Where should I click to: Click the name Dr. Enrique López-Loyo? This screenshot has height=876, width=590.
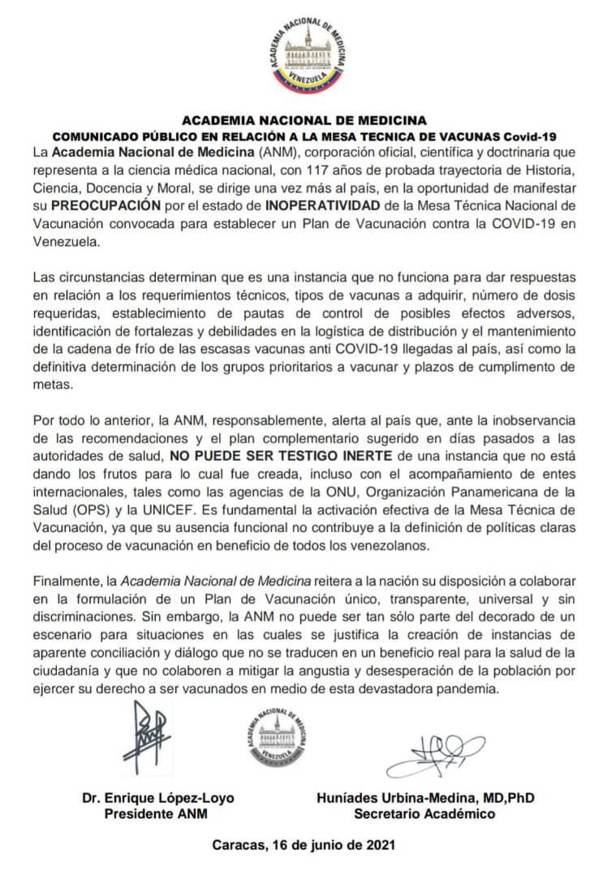click(157, 797)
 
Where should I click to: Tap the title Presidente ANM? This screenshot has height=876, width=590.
click(157, 814)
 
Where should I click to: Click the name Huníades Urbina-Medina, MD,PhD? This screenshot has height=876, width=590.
click(425, 797)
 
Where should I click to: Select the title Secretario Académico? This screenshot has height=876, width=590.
click(424, 814)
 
